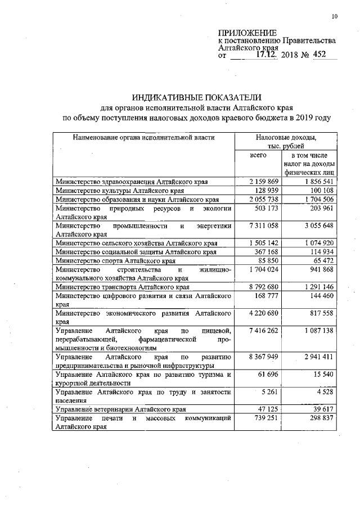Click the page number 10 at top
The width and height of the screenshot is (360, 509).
point(334,16)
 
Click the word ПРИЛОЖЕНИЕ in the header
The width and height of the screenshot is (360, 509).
point(246,33)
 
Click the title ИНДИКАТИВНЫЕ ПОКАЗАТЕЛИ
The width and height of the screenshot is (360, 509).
point(197,97)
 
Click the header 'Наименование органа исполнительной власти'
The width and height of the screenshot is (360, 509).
point(143,137)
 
